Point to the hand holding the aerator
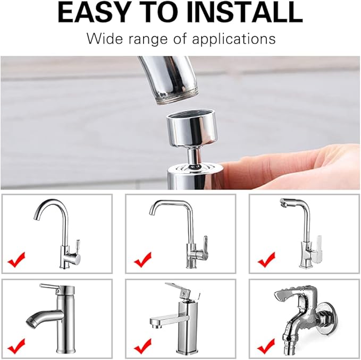[x=298, y=167]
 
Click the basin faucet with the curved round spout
[x=53, y=313]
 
